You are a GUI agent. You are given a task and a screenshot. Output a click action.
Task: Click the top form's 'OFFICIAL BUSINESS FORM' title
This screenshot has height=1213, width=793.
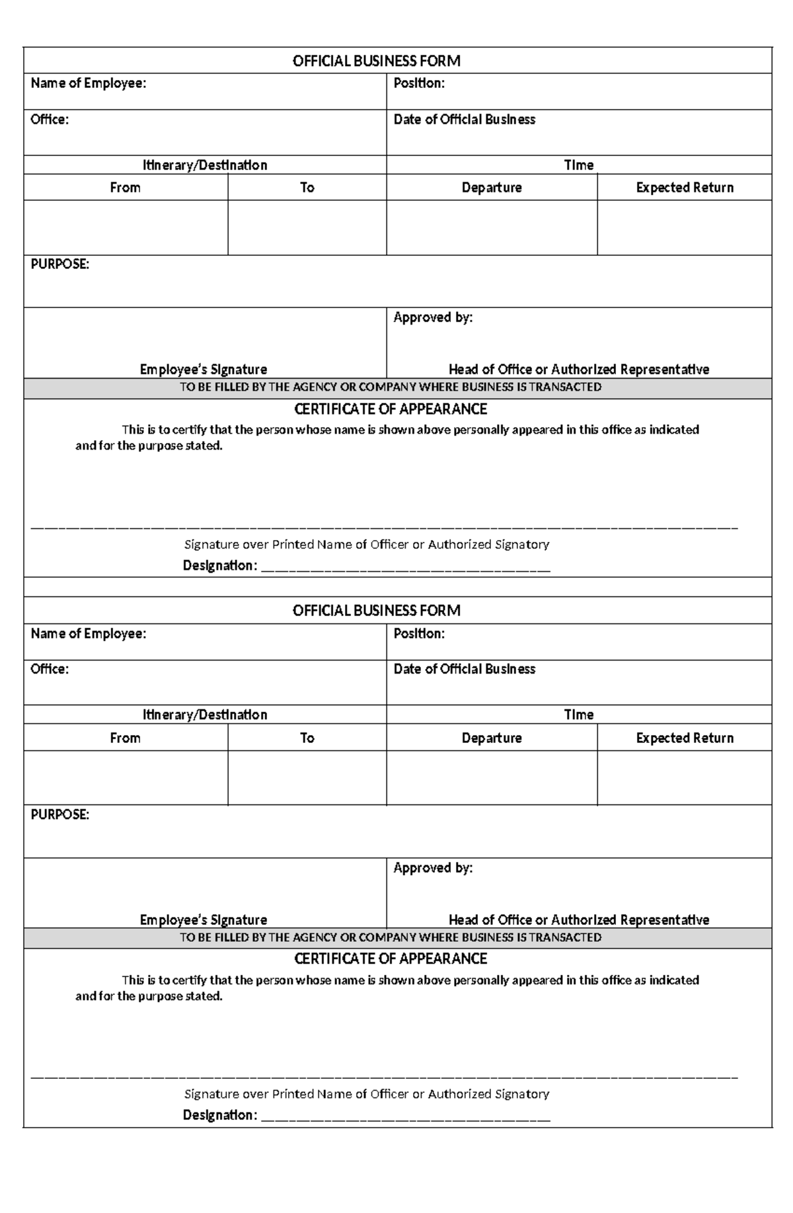pos(376,61)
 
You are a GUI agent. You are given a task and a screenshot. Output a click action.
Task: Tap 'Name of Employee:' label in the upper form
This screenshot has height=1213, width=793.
pos(88,83)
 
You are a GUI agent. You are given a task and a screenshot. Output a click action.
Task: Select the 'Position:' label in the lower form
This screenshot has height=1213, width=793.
pos(419,633)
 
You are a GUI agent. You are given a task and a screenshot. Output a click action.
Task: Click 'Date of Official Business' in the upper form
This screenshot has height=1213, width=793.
pos(464,120)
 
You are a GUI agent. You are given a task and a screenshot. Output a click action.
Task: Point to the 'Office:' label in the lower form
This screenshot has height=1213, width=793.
pos(50,669)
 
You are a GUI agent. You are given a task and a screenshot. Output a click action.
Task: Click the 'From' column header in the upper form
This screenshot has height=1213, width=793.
pos(125,188)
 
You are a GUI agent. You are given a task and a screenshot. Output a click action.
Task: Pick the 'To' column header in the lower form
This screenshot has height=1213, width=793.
pos(307,738)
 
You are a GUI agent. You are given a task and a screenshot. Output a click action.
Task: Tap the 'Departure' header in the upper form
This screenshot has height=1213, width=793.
pos(492,188)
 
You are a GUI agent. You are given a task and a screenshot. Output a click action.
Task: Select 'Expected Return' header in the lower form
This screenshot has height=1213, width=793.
pos(685,738)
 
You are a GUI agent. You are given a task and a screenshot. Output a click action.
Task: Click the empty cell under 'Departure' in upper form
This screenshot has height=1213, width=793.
pos(492,227)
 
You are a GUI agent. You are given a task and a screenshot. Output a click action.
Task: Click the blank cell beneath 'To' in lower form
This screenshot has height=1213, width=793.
pos(307,777)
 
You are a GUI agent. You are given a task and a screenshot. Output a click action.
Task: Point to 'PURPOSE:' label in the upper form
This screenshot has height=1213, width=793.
pos(59,264)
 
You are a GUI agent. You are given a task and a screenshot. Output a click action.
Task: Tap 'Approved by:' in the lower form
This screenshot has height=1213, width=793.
pos(433,868)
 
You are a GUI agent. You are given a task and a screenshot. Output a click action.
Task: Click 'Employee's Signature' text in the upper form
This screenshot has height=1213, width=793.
pos(204,370)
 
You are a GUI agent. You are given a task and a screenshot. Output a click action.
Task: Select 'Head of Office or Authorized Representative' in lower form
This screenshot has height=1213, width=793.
pos(579,920)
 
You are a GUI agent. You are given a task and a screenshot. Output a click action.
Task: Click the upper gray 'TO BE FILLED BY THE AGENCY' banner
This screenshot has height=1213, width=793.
pos(390,387)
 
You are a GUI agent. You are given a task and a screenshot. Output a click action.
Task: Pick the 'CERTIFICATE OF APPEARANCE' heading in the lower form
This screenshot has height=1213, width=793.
pos(390,959)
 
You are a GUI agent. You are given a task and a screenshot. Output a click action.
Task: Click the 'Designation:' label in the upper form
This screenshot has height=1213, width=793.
pos(219,566)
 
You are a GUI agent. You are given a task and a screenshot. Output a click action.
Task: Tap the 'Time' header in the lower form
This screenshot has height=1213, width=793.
pos(579,715)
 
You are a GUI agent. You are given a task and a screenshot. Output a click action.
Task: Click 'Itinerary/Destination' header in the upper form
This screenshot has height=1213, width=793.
pos(205,165)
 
